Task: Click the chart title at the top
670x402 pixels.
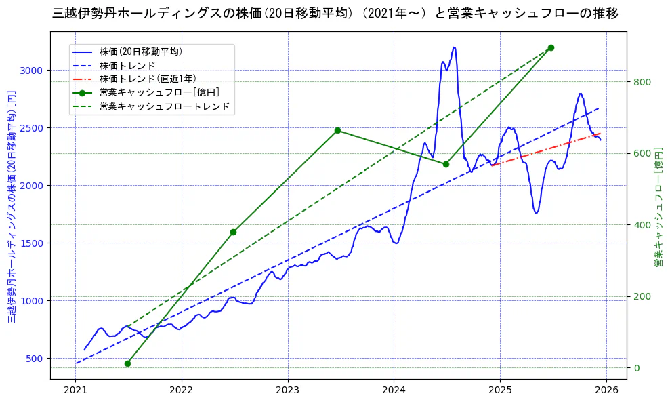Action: pos(335,13)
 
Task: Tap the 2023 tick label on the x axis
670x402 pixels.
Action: pos(288,390)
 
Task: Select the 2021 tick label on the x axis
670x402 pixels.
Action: pos(76,390)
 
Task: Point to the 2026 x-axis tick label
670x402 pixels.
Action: pos(606,390)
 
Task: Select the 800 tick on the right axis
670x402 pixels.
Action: pos(642,82)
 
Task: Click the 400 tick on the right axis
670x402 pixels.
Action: pos(642,225)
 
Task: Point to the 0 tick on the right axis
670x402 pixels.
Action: pos(635,368)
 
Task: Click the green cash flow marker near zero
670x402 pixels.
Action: pos(127,364)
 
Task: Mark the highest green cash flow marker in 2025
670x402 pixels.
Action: pos(551,47)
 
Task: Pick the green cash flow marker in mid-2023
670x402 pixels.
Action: pos(337,130)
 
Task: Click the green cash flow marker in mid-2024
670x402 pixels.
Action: pos(446,164)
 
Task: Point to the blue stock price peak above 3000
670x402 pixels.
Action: pos(454,47)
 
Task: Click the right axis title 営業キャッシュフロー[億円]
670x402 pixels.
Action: pos(658,209)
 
